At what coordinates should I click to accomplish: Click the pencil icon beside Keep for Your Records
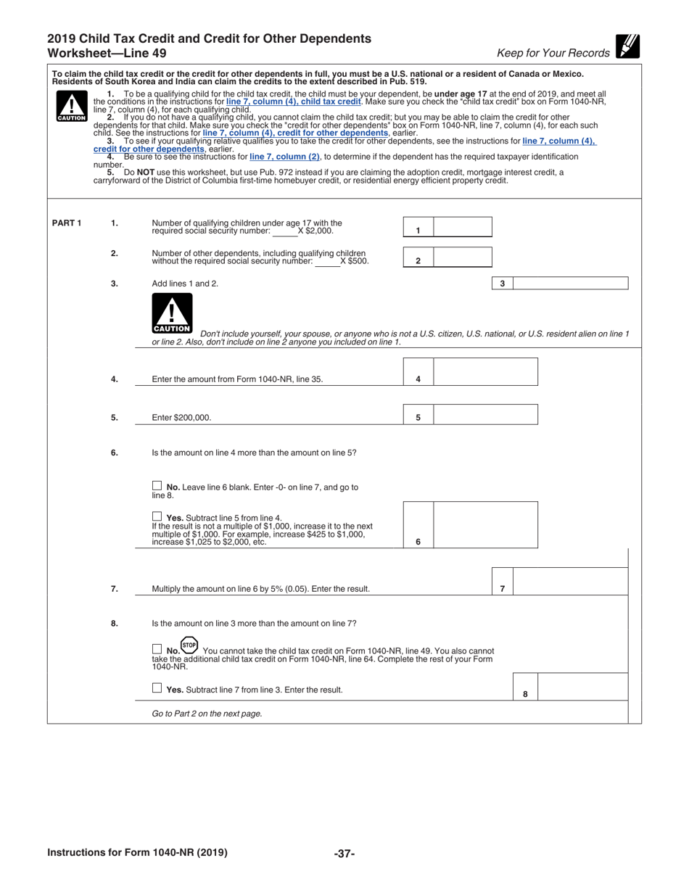pos(627,46)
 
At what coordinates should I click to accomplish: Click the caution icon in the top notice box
pos(71,108)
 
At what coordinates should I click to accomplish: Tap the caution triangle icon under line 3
pos(172,313)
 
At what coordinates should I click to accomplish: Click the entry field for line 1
pos(462,227)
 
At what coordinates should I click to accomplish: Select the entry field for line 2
pos(462,257)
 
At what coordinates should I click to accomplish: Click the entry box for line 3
pos(570,284)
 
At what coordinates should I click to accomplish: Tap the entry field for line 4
pos(485,372)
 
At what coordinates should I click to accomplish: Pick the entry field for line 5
pos(485,414)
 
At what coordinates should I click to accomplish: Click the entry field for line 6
pos(485,524)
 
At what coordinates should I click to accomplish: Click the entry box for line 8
pos(583,687)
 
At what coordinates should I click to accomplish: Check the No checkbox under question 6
pos(157,486)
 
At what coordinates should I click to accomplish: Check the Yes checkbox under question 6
pos(157,516)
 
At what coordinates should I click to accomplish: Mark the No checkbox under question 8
pos(157,649)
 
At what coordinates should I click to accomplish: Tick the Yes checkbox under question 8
pos(157,689)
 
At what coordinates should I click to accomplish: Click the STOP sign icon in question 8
pos(189,645)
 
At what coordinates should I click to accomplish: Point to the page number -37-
pos(344,854)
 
